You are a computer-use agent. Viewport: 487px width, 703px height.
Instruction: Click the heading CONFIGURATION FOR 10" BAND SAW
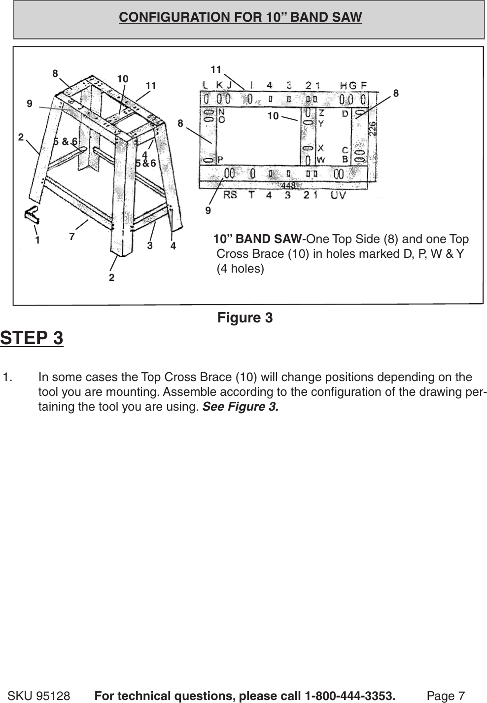(240, 17)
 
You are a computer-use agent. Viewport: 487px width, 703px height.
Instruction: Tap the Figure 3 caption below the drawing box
(244, 318)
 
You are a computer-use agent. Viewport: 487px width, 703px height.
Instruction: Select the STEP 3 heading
(32, 338)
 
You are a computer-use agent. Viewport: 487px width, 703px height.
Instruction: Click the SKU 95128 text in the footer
(39, 696)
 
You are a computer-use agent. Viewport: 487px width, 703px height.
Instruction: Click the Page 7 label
(446, 696)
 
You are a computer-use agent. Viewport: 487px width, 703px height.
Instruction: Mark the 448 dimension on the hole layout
(288, 186)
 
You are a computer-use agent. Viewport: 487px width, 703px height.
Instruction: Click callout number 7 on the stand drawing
(72, 237)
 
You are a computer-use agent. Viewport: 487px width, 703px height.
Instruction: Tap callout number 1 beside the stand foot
(37, 241)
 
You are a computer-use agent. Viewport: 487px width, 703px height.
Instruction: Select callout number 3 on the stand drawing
(150, 245)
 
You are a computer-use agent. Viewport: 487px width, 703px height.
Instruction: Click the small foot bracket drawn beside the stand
(32, 214)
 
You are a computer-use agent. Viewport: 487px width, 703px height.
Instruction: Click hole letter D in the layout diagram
(345, 114)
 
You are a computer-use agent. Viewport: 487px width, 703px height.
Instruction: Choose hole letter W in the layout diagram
(320, 159)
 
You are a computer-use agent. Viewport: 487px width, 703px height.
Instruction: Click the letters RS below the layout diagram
(230, 195)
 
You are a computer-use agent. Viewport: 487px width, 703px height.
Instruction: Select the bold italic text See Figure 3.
(241, 407)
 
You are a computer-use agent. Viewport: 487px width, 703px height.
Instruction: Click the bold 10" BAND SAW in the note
(257, 239)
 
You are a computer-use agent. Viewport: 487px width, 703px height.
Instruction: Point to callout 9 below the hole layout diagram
(208, 211)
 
